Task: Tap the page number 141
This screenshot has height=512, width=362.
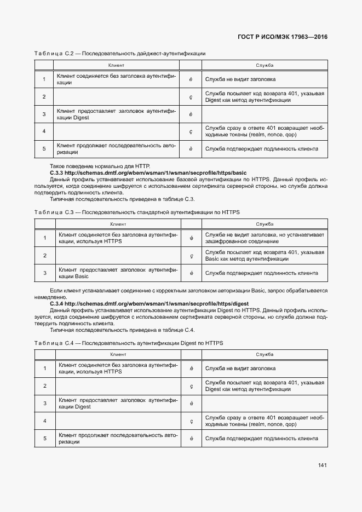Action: pos(322,465)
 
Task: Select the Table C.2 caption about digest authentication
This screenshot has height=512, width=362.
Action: pos(119,54)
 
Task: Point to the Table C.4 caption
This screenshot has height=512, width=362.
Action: pos(128,343)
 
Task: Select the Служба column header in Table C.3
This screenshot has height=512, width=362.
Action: pos(265,224)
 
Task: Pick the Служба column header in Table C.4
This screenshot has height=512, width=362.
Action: pos(265,355)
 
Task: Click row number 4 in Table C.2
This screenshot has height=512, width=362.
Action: pos(44,131)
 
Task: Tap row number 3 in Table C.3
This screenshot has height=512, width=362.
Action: pos(44,273)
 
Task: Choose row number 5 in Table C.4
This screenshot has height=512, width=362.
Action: pos(44,439)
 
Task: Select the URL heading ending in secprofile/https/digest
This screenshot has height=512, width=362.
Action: pos(149,303)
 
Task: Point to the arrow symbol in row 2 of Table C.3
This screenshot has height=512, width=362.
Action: pos(191,255)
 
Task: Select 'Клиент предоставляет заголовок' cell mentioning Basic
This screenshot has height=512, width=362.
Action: pos(117,273)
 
